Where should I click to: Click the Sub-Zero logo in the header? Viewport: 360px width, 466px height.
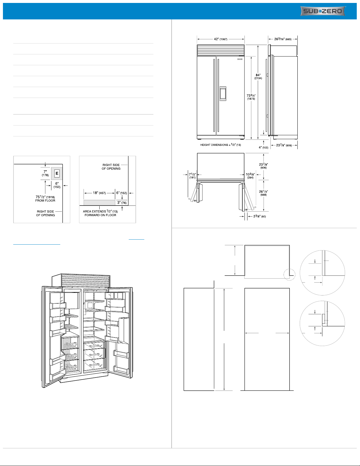pos(323,11)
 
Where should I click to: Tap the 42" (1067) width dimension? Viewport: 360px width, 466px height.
pos(220,39)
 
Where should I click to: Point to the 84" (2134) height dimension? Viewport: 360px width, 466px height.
pos(258,76)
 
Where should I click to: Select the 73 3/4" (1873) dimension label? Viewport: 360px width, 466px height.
pos(251,97)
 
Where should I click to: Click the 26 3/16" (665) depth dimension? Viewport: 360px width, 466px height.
pos(283,39)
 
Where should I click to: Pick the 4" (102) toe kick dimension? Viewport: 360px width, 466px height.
pos(263,147)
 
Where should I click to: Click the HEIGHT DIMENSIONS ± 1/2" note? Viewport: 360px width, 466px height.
pos(220,145)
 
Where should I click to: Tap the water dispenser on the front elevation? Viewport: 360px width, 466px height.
pos(223,93)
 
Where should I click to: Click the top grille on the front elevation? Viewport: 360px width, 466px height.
pos(221,50)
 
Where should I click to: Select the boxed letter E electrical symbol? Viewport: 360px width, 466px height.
pos(57,173)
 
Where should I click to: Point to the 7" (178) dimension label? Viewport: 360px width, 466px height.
pos(45,173)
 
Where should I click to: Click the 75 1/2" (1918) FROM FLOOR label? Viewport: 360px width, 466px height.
pos(45,198)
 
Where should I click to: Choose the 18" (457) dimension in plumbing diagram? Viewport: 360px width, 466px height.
pos(99,193)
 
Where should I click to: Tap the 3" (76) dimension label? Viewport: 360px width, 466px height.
pos(122,203)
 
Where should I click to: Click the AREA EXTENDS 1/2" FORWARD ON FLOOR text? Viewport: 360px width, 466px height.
pos(100,213)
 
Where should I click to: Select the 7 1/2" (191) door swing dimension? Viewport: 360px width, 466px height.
pos(192,176)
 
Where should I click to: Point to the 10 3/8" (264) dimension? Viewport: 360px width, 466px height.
pos(250,176)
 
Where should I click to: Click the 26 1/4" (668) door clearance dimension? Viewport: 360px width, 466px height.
pos(263,193)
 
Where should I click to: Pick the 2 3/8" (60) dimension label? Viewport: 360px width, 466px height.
pos(259,216)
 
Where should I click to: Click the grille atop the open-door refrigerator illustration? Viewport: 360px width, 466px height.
pos(86,280)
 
